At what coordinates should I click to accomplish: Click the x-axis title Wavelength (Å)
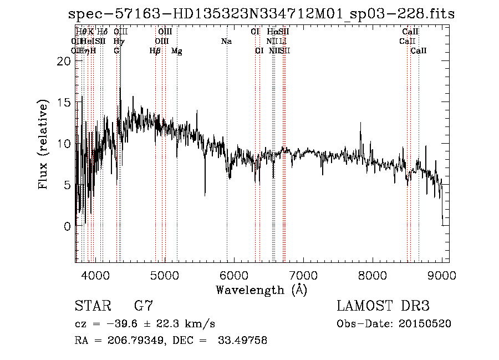(261, 290)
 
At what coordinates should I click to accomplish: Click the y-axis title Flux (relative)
(43, 145)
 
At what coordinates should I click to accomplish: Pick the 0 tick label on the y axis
(67, 226)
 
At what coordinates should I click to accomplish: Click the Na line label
(226, 41)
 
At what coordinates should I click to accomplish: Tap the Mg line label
(177, 51)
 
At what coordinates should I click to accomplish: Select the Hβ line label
(155, 51)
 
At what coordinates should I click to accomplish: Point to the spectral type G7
(144, 306)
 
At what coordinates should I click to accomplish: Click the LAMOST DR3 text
(383, 306)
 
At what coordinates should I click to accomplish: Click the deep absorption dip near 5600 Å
(205, 194)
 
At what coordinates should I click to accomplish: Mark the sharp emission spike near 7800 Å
(360, 124)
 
